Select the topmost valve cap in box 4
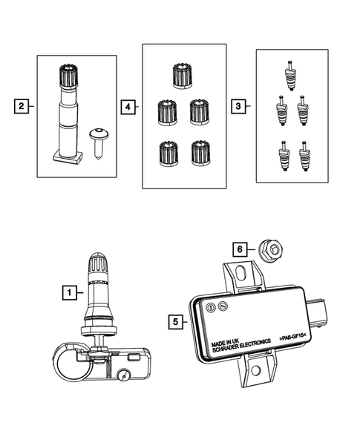click(182, 75)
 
